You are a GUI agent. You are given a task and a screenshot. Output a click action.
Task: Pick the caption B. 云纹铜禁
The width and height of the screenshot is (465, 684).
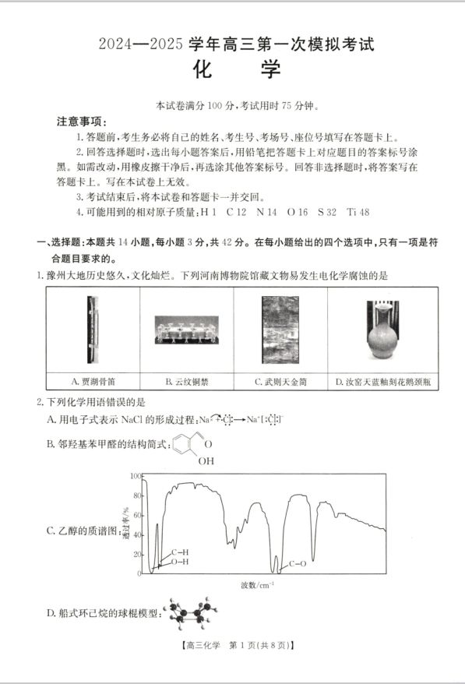(x=186, y=382)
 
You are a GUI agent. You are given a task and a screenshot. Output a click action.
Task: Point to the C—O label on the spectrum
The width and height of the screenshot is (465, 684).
(x=297, y=562)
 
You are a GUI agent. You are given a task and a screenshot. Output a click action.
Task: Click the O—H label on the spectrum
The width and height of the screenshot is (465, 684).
(x=179, y=562)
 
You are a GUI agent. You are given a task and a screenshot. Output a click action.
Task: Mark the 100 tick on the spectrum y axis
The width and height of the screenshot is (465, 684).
(x=135, y=474)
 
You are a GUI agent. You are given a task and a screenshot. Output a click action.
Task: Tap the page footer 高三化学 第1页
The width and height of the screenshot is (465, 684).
(x=232, y=645)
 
